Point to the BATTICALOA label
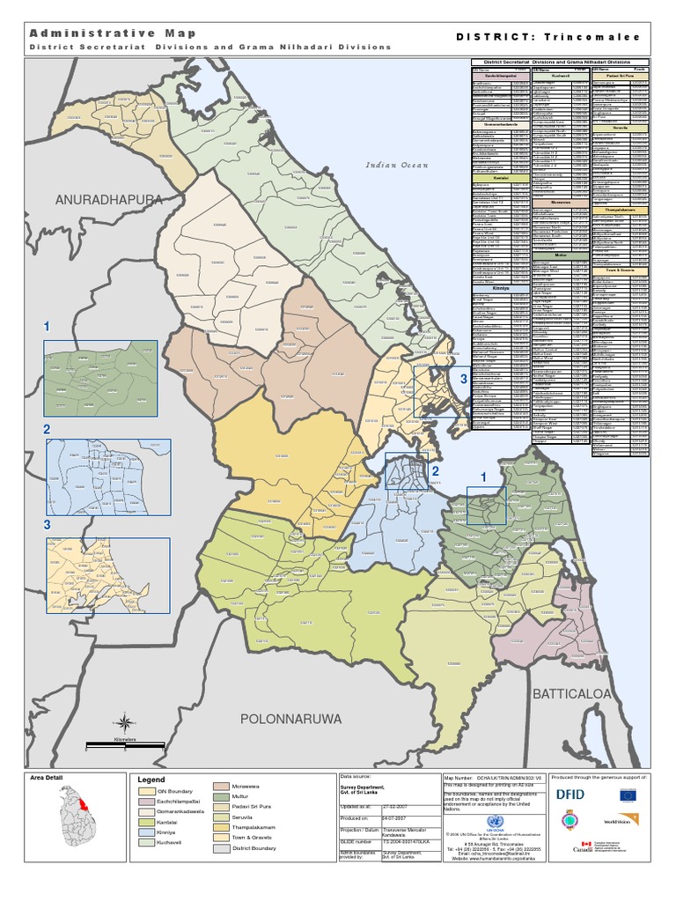pyautogui.click(x=570, y=693)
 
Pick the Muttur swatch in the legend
pyautogui.click(x=224, y=797)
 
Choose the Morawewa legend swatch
pyautogui.click(x=224, y=785)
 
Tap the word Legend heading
pyautogui.click(x=152, y=780)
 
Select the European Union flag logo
pyautogui.click(x=628, y=795)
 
